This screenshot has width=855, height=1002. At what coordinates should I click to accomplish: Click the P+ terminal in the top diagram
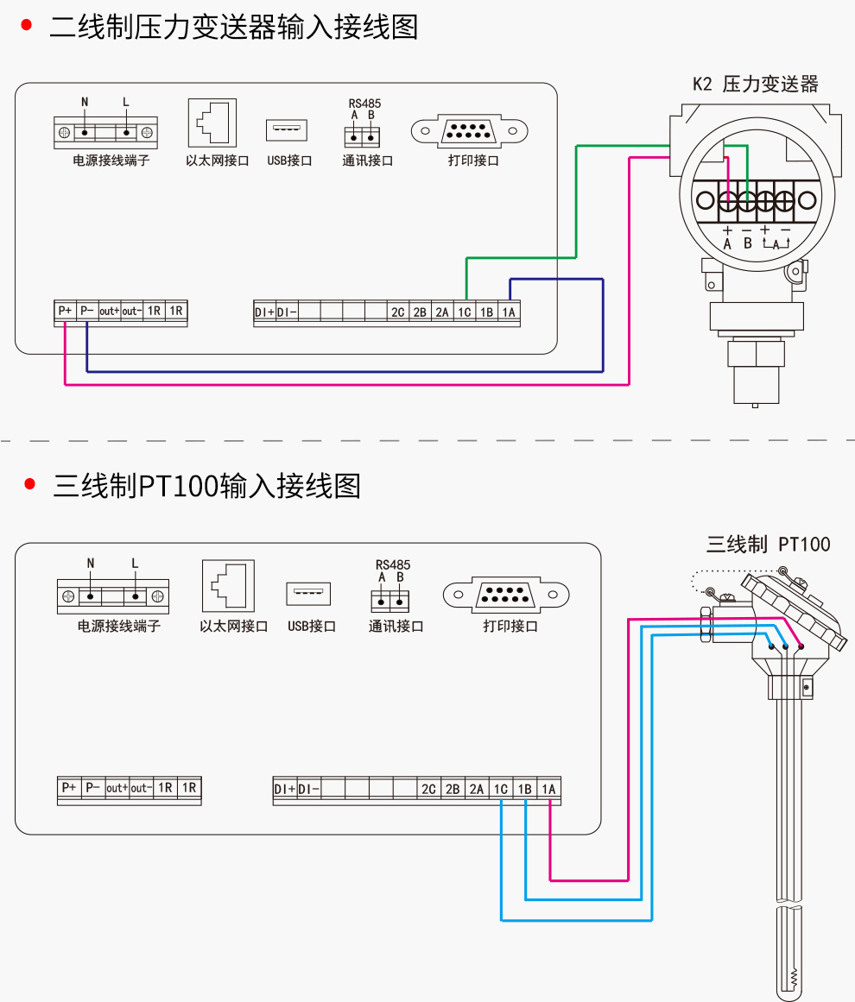tap(66, 311)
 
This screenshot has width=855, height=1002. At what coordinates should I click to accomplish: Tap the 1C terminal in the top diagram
tap(465, 312)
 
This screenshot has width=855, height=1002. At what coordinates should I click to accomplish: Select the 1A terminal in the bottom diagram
tap(548, 789)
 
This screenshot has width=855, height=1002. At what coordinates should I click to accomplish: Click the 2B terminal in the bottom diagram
tap(453, 789)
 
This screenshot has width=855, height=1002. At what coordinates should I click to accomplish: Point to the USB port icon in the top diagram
tap(287, 129)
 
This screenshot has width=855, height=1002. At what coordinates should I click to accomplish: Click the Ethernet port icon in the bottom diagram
tap(228, 586)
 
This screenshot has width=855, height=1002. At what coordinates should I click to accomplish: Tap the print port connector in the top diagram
tap(470, 131)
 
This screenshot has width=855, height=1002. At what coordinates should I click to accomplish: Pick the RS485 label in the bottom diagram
tap(393, 565)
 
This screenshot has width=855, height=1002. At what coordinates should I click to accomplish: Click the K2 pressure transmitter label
tap(755, 84)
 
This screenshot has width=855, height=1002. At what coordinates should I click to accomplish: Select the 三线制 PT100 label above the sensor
tap(768, 545)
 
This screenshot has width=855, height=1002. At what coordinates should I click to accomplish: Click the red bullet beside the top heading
tap(27, 25)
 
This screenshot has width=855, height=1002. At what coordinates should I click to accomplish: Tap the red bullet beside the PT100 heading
tap(29, 484)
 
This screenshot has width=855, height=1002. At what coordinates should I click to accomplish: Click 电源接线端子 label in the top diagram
tap(111, 161)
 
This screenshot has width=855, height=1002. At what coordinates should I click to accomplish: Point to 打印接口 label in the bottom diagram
tap(510, 627)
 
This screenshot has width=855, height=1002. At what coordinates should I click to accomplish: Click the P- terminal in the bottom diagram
tap(92, 787)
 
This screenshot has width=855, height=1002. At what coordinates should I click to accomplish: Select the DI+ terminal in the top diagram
tap(265, 312)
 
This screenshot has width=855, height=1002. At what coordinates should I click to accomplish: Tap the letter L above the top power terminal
tap(126, 102)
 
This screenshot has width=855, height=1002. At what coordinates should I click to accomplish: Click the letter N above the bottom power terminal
tap(90, 563)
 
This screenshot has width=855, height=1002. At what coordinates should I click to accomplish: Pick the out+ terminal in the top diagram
tap(109, 311)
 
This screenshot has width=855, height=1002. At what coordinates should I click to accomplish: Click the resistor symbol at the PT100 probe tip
tap(794, 978)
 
